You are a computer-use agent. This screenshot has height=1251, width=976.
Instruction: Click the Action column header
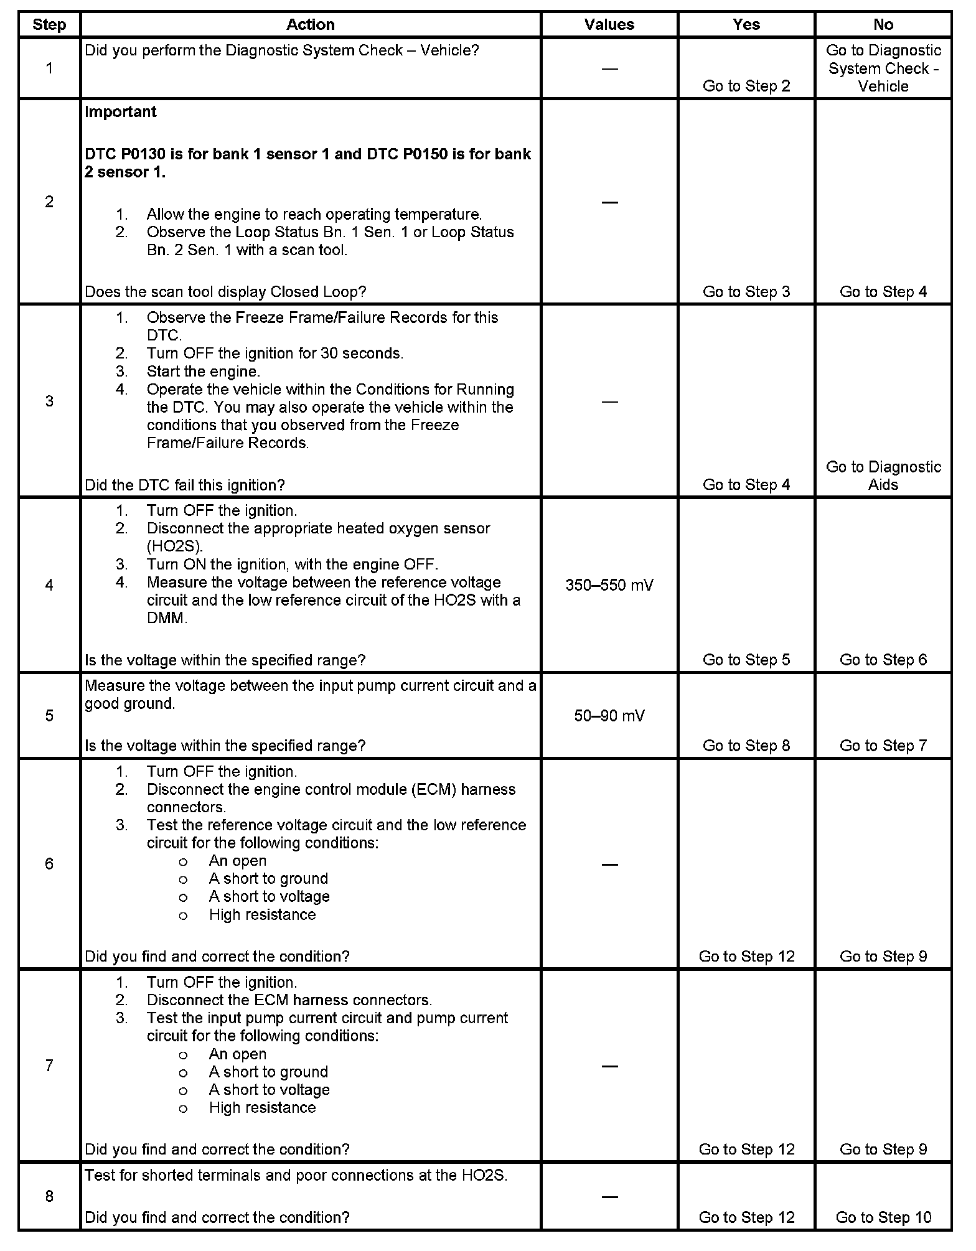(310, 24)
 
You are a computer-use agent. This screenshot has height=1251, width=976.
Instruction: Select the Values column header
(609, 24)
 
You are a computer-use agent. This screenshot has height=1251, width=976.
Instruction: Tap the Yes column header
(746, 24)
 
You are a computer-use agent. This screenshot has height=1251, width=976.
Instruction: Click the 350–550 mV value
(609, 585)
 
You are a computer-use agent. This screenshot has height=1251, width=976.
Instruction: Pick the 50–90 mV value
(609, 716)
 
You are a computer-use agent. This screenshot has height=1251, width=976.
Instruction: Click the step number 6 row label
(49, 863)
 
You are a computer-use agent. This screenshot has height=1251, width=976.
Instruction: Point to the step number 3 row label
(49, 401)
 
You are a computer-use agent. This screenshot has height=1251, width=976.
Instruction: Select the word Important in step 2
(121, 112)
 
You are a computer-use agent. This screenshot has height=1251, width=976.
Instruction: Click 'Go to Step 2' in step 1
(746, 86)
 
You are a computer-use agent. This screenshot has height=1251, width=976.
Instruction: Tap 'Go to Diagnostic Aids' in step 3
(883, 476)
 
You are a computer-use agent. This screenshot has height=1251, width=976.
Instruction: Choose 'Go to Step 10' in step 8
(883, 1217)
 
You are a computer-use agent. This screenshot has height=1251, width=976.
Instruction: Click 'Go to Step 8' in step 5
(746, 746)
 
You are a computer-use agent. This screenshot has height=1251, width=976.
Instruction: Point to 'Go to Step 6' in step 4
(883, 660)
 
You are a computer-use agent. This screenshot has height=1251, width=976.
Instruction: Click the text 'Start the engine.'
(203, 372)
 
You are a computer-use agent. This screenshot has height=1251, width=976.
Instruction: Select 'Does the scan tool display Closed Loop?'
(225, 292)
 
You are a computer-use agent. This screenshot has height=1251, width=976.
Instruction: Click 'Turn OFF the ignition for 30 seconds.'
(274, 354)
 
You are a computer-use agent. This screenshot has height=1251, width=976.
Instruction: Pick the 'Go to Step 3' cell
(746, 292)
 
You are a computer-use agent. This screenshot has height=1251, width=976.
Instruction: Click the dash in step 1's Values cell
(609, 68)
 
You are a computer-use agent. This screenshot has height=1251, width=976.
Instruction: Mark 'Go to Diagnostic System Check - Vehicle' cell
(883, 68)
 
